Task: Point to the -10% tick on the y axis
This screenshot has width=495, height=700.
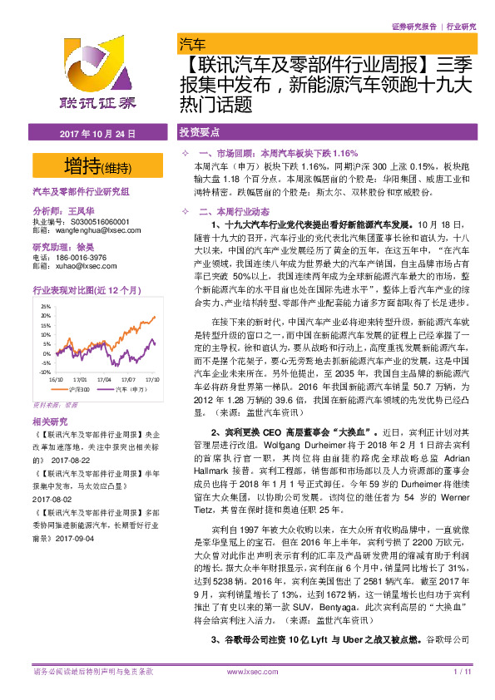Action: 44,372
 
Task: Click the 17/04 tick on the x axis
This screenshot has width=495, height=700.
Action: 103,379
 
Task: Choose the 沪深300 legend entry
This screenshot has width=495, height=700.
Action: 79,388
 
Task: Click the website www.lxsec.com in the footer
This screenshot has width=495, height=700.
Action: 247,670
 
